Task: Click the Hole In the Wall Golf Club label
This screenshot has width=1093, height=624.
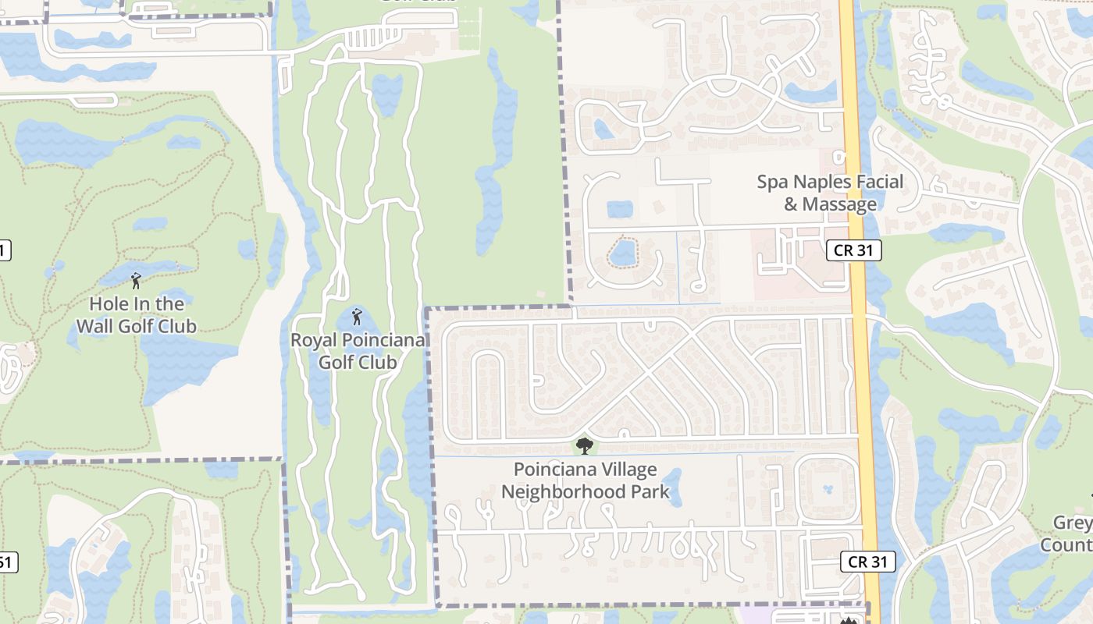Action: (x=137, y=315)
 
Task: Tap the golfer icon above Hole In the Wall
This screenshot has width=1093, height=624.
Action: (x=136, y=281)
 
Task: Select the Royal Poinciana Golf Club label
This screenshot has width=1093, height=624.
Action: (x=358, y=351)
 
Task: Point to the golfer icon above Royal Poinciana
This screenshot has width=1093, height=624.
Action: (x=358, y=317)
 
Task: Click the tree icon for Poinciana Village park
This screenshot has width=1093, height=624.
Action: (x=584, y=446)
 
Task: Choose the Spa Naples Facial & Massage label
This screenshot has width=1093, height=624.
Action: (x=830, y=193)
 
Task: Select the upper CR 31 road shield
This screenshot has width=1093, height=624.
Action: (x=854, y=250)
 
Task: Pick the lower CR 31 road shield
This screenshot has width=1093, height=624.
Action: (x=868, y=562)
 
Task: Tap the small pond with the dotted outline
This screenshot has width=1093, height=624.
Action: (x=623, y=253)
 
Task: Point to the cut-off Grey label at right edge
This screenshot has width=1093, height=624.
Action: (x=1073, y=523)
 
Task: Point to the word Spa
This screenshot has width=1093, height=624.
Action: (x=773, y=182)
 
